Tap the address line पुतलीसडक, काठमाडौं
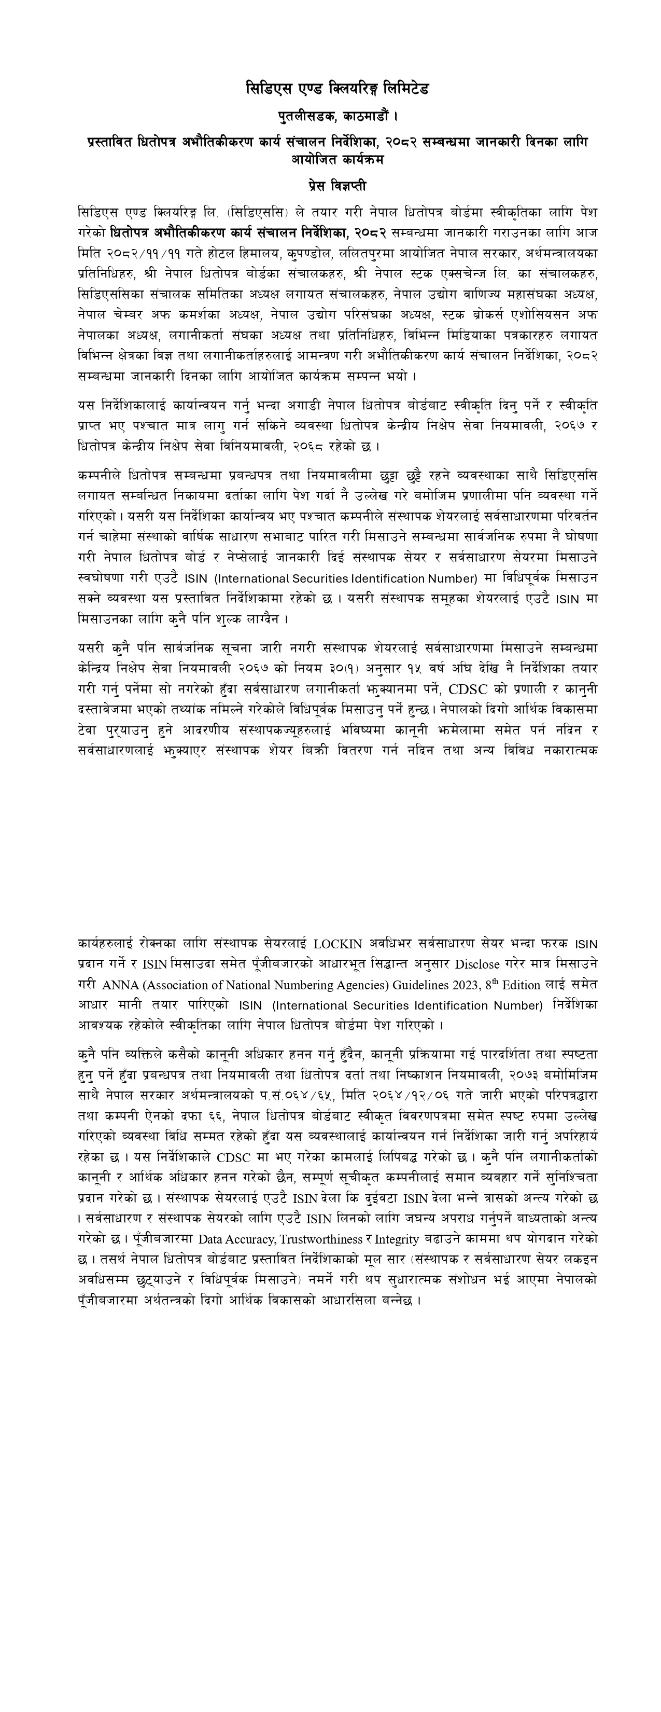click(337, 116)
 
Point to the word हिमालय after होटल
click(261, 253)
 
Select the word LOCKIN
click(337, 944)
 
